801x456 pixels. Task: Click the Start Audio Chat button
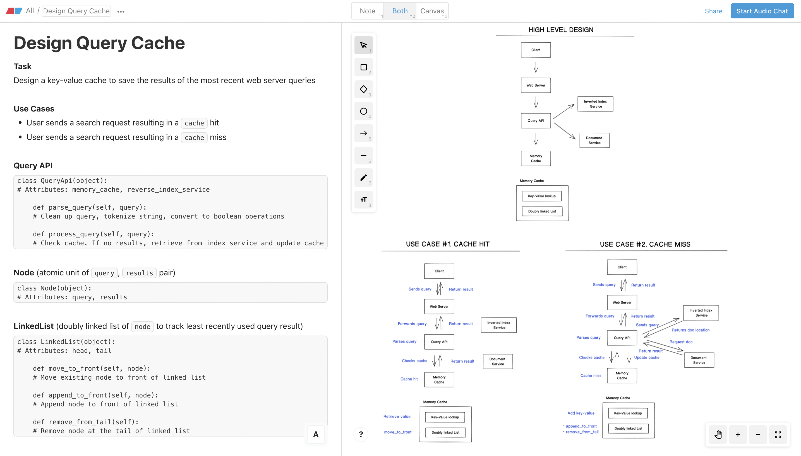pyautogui.click(x=762, y=11)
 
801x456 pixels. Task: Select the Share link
pyautogui.click(x=713, y=11)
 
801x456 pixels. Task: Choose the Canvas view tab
pyautogui.click(x=432, y=11)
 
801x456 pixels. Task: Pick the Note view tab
pyautogui.click(x=367, y=11)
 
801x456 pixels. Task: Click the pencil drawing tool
pyautogui.click(x=363, y=178)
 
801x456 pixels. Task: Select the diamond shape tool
pyautogui.click(x=363, y=89)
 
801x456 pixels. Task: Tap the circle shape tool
pyautogui.click(x=363, y=111)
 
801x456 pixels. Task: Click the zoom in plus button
pyautogui.click(x=738, y=434)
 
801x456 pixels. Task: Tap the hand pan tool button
pyautogui.click(x=718, y=434)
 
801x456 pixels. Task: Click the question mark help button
pyautogui.click(x=361, y=434)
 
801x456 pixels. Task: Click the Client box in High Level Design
pyautogui.click(x=536, y=50)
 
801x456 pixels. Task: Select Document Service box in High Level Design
pyautogui.click(x=594, y=140)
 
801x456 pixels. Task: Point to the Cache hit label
pyautogui.click(x=409, y=379)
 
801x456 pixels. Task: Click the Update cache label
pyautogui.click(x=646, y=357)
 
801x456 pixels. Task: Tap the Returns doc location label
pyautogui.click(x=690, y=330)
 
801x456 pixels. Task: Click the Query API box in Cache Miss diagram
pyautogui.click(x=622, y=338)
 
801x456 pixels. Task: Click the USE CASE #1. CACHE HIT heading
pyautogui.click(x=447, y=244)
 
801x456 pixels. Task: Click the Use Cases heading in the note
pyautogui.click(x=34, y=109)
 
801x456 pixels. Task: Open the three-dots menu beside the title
pyautogui.click(x=121, y=12)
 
